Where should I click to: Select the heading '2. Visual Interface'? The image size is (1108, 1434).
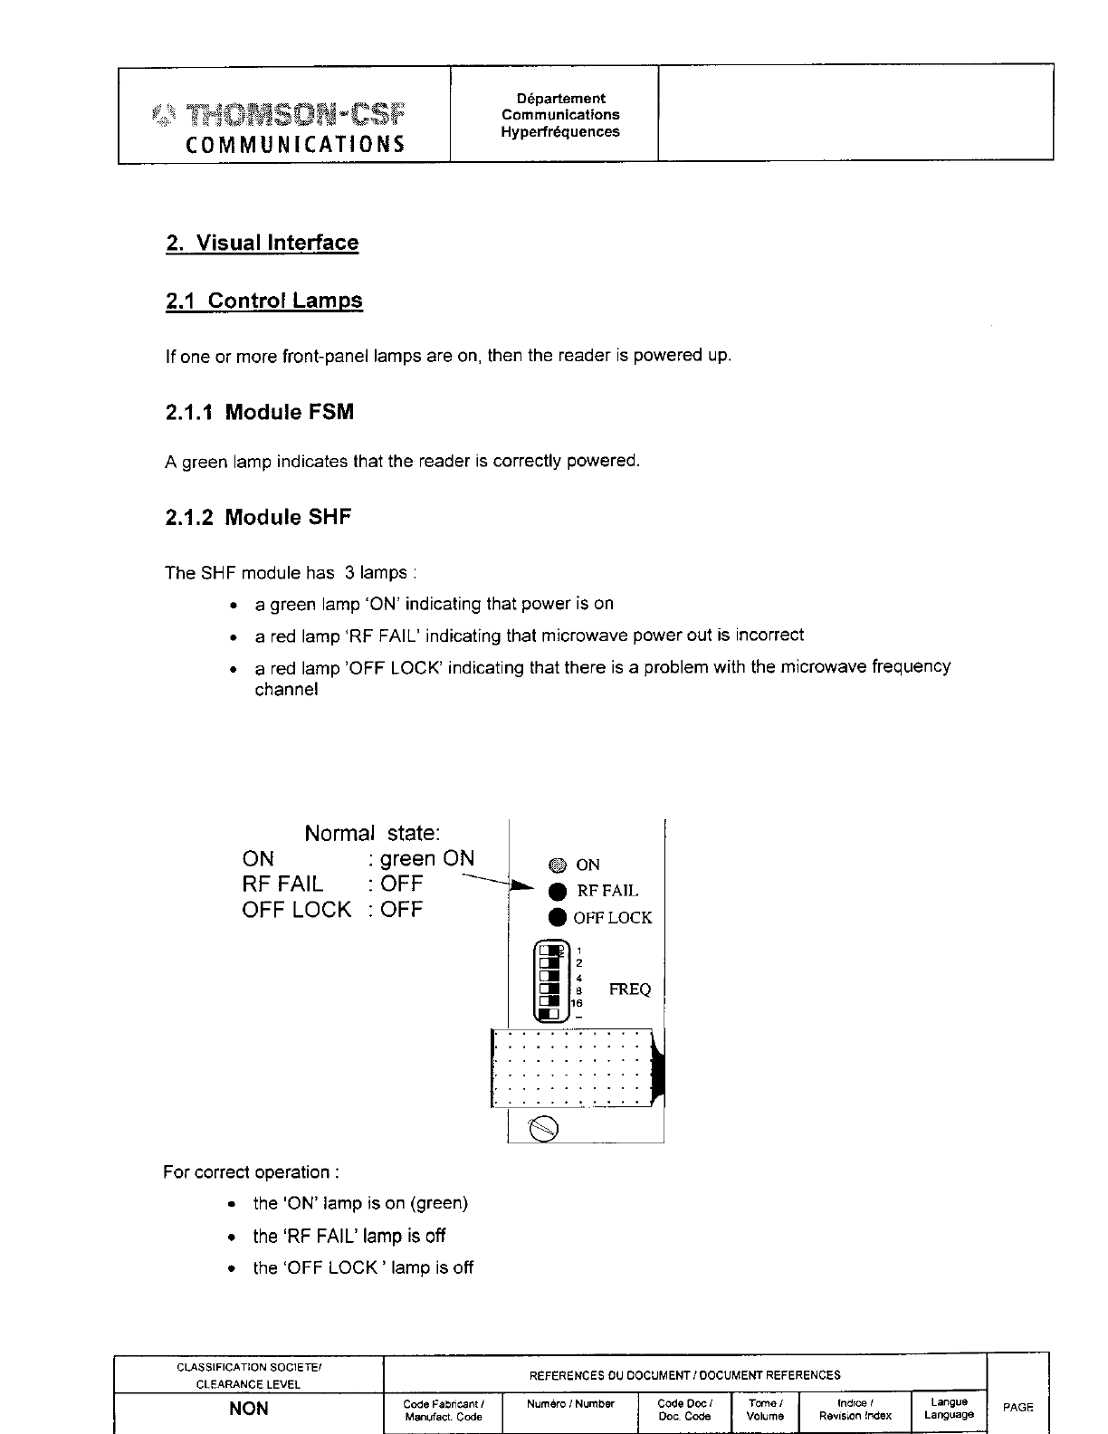click(263, 243)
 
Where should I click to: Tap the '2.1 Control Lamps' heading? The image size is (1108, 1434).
click(264, 301)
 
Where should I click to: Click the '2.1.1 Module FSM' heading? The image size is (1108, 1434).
click(260, 413)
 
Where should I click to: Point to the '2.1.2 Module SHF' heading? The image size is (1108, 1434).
click(258, 518)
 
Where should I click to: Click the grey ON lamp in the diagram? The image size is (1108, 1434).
click(557, 865)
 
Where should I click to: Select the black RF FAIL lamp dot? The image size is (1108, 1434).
click(558, 891)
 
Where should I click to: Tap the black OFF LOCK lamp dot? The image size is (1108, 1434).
click(558, 917)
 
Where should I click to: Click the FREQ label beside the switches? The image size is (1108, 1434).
click(630, 989)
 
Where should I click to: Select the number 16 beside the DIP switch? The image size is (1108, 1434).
click(577, 1003)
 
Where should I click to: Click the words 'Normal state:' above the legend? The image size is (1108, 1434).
click(372, 833)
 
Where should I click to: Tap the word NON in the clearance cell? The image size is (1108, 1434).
click(248, 1410)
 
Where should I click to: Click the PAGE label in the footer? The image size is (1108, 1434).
click(1018, 1407)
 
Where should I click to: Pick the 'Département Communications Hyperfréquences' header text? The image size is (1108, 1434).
click(561, 115)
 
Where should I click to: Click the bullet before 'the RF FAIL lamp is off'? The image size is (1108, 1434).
click(234, 1237)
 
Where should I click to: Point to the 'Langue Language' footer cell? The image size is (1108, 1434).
click(949, 1409)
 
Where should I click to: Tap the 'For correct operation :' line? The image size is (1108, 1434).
click(251, 1172)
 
